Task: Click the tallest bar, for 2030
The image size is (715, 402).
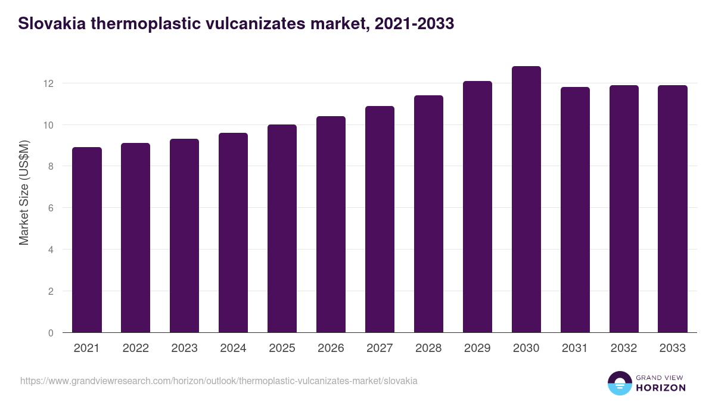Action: click(526, 200)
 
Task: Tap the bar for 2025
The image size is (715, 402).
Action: click(282, 229)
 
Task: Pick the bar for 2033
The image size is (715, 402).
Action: click(673, 209)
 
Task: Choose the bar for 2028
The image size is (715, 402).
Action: click(428, 214)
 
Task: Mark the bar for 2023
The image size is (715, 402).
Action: click(184, 236)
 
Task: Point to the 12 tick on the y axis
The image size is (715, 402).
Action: click(48, 83)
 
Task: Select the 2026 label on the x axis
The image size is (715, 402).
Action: click(331, 348)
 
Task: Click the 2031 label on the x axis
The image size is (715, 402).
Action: click(575, 348)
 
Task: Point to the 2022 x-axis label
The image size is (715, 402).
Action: click(135, 348)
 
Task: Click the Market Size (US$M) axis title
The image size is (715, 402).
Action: click(24, 192)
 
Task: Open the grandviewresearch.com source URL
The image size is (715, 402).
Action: click(219, 381)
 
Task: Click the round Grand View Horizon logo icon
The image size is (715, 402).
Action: click(619, 383)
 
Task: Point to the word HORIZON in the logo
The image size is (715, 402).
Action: click(661, 388)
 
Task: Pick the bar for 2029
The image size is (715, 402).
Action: click(477, 207)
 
